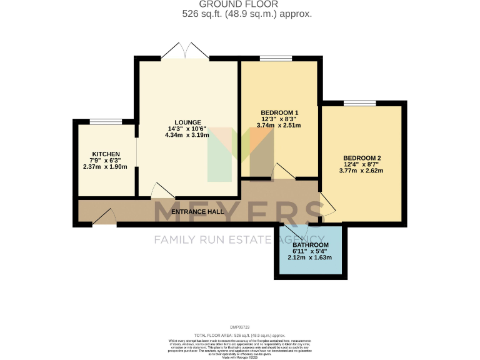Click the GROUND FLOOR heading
[239, 4]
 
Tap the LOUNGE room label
[187, 122]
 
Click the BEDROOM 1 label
[279, 113]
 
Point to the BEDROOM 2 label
[362, 158]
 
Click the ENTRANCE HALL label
[197, 212]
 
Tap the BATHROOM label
[310, 245]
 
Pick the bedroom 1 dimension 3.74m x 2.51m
[279, 125]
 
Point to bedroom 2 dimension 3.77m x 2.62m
[362, 171]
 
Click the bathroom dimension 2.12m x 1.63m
[310, 257]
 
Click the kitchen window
[106, 121]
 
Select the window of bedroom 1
[276, 58]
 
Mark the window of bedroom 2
[360, 103]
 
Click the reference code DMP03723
[239, 327]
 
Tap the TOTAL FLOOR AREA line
[239, 336]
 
